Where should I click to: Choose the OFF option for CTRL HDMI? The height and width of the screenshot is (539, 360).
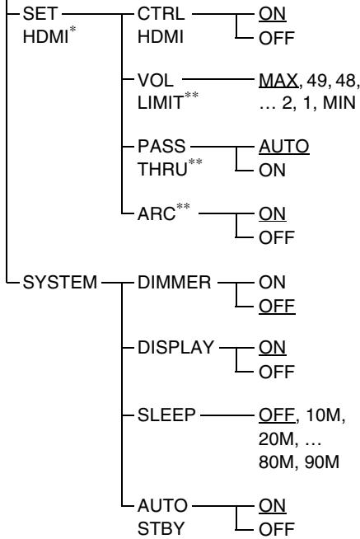tap(274, 38)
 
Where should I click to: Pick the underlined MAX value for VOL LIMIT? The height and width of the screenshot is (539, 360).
tap(277, 99)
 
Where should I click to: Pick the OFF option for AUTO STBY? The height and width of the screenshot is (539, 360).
tap(274, 528)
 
